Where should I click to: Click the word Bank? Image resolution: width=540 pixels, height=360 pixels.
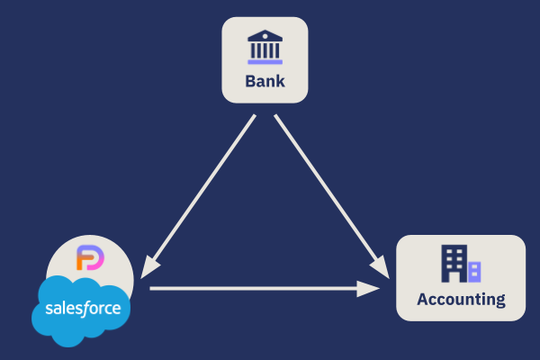[265, 82]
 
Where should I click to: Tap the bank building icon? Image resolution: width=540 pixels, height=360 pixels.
[265, 48]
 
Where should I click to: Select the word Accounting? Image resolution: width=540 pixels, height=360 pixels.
[461, 300]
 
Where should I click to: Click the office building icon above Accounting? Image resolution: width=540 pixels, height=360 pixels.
[460, 263]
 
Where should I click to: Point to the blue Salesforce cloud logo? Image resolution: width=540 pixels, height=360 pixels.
[82, 311]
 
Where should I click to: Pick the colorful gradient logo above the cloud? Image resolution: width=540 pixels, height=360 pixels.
[90, 258]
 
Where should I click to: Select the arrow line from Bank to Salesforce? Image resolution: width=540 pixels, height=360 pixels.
[202, 193]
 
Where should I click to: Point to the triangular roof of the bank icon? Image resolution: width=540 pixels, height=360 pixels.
[265, 35]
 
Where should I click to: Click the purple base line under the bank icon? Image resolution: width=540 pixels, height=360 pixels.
[265, 63]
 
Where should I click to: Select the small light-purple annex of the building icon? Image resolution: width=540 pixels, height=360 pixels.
[474, 270]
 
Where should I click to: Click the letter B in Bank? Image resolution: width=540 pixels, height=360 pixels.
[249, 82]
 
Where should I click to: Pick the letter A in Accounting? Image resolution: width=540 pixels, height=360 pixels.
[422, 299]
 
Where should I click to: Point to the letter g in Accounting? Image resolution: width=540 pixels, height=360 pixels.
[499, 301]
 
